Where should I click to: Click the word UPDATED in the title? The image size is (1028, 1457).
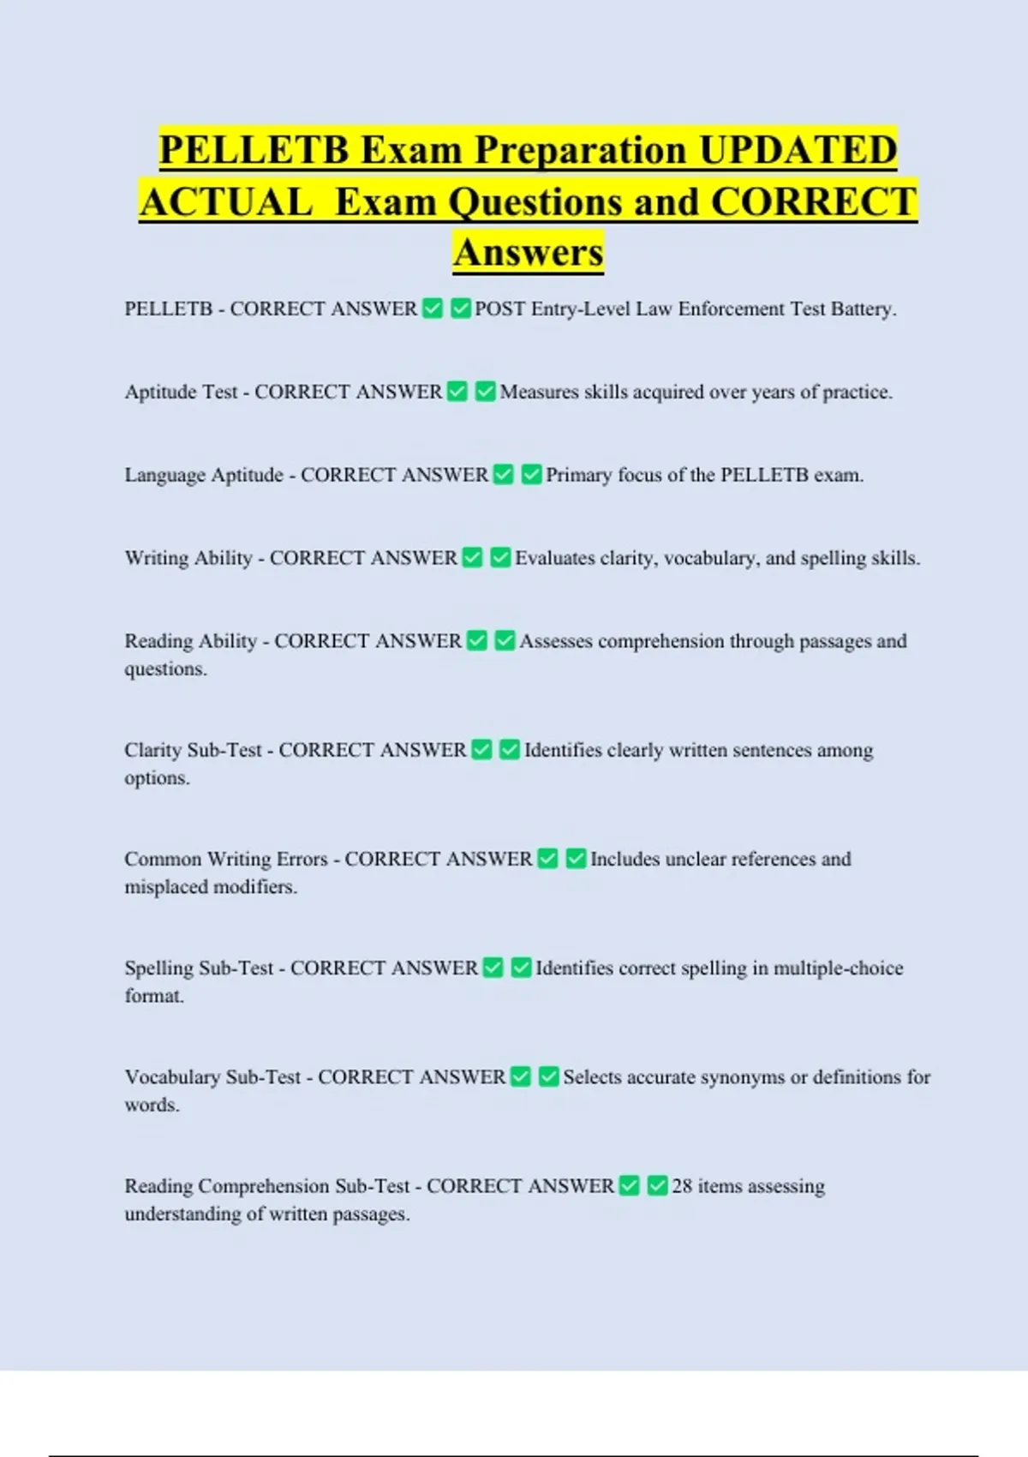tap(798, 150)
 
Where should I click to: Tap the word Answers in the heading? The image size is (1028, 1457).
tap(529, 252)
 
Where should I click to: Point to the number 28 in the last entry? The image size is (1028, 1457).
tap(682, 1186)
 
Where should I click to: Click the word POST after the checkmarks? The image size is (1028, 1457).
tap(500, 309)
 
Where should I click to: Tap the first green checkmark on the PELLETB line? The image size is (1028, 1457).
tap(433, 309)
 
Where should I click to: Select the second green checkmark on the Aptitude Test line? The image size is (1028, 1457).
tap(485, 392)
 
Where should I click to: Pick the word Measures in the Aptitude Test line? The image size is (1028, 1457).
tap(539, 392)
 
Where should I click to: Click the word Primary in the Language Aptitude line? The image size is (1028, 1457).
tap(578, 475)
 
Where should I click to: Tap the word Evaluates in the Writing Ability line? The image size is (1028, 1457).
tap(554, 558)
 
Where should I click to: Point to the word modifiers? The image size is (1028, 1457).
tap(254, 887)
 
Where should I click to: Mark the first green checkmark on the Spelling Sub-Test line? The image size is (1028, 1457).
tap(493, 968)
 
